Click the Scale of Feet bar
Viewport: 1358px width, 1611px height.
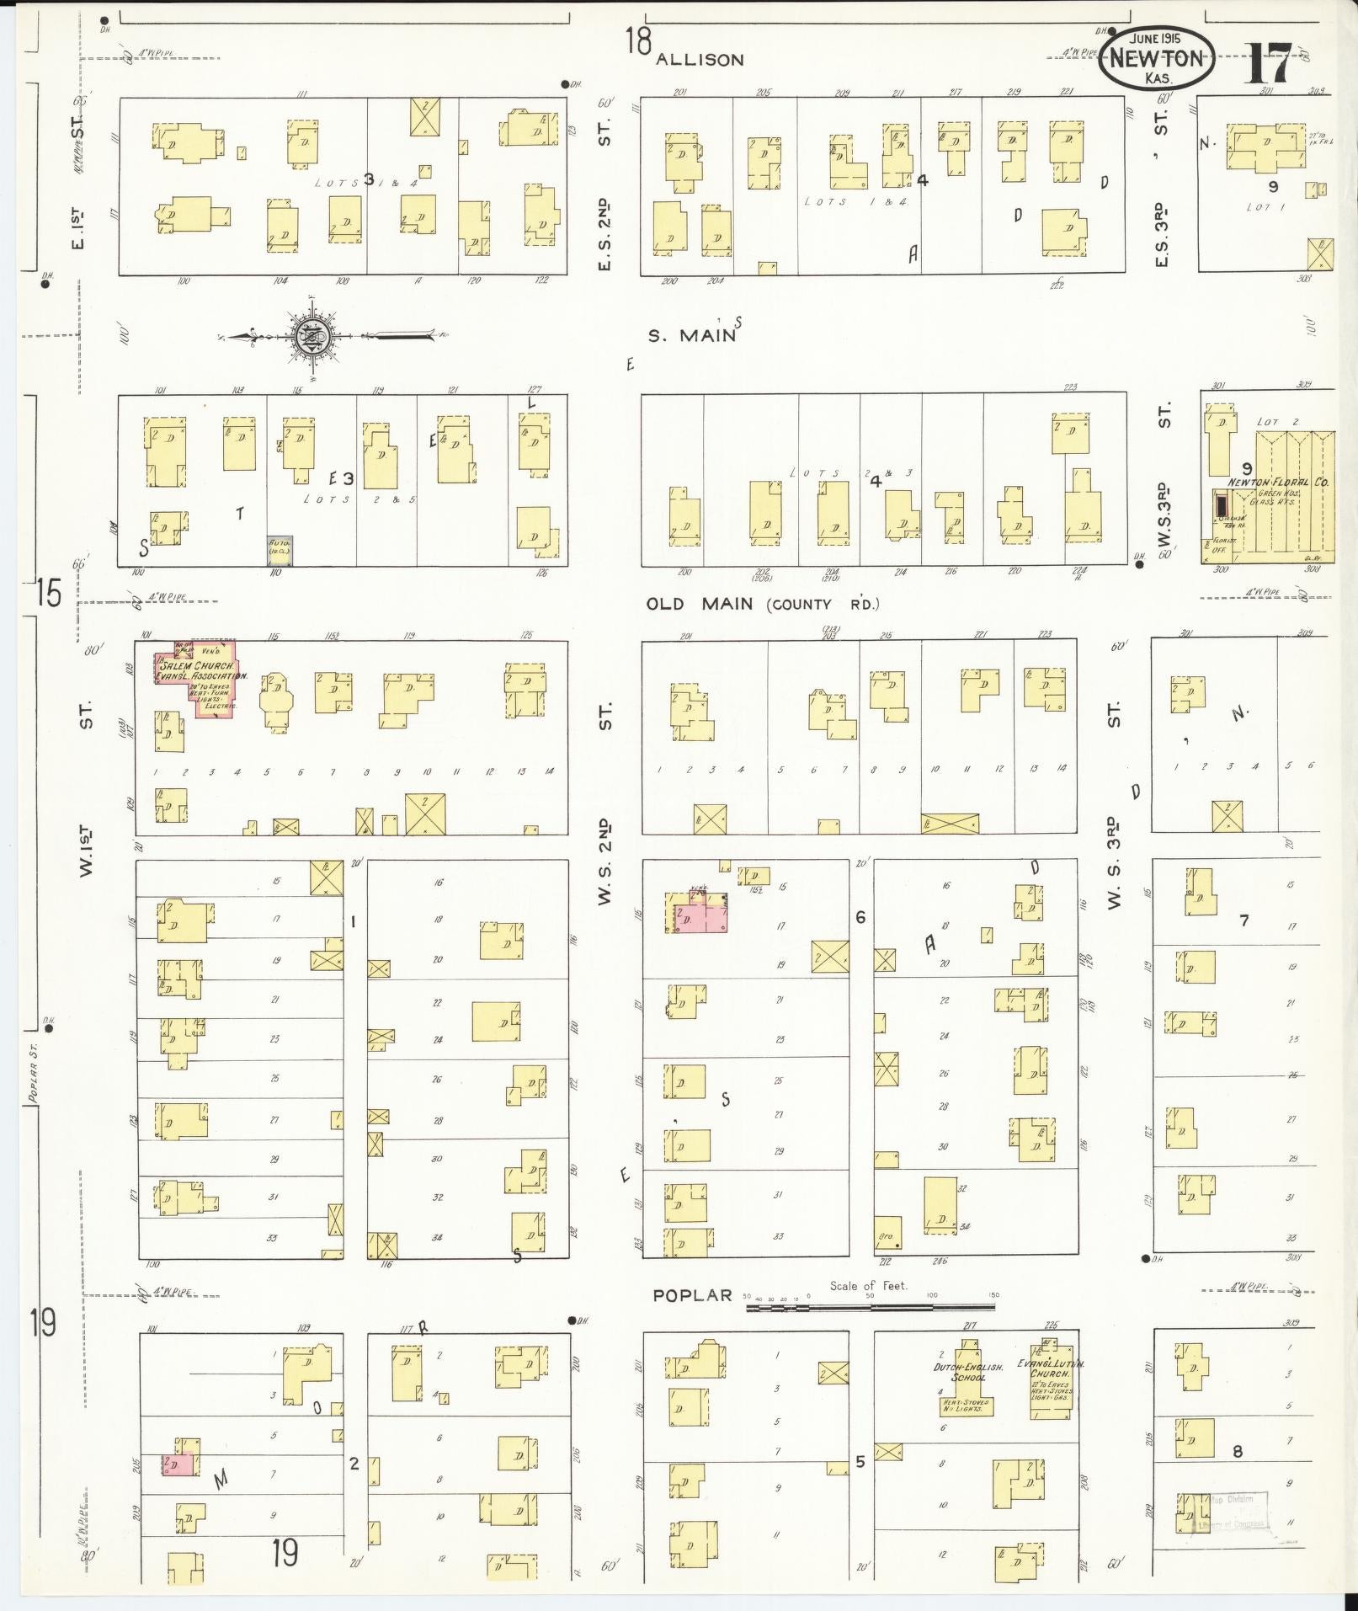(869, 1308)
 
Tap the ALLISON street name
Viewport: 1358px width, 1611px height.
(700, 60)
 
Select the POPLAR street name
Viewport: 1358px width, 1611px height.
(693, 1295)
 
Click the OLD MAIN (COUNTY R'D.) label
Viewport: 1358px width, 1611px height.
(763, 604)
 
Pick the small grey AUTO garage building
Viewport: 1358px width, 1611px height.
(280, 550)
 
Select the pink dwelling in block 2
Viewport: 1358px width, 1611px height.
(178, 1464)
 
